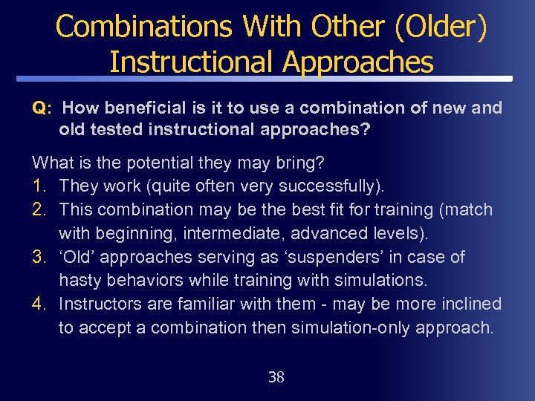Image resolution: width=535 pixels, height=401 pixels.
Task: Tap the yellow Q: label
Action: click(x=42, y=108)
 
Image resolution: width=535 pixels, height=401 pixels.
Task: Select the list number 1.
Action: click(x=40, y=186)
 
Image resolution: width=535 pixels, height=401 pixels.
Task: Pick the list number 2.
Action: click(x=40, y=209)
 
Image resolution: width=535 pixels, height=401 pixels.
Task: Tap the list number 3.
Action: click(x=40, y=257)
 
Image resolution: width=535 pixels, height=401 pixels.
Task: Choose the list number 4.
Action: click(x=40, y=304)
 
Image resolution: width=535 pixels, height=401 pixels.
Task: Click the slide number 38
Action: click(x=276, y=377)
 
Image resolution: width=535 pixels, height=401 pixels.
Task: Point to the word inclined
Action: click(x=473, y=304)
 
